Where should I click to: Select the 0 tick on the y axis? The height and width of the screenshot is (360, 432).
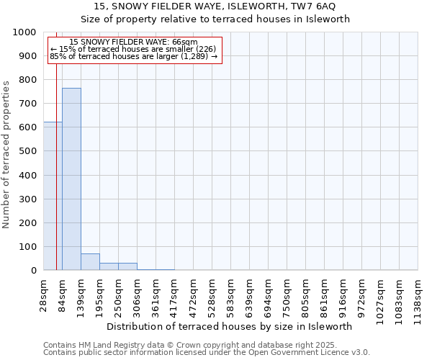coord(34,271)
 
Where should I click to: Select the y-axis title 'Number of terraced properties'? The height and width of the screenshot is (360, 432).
coord(7,154)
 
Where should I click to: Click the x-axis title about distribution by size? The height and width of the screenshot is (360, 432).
coord(234,326)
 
